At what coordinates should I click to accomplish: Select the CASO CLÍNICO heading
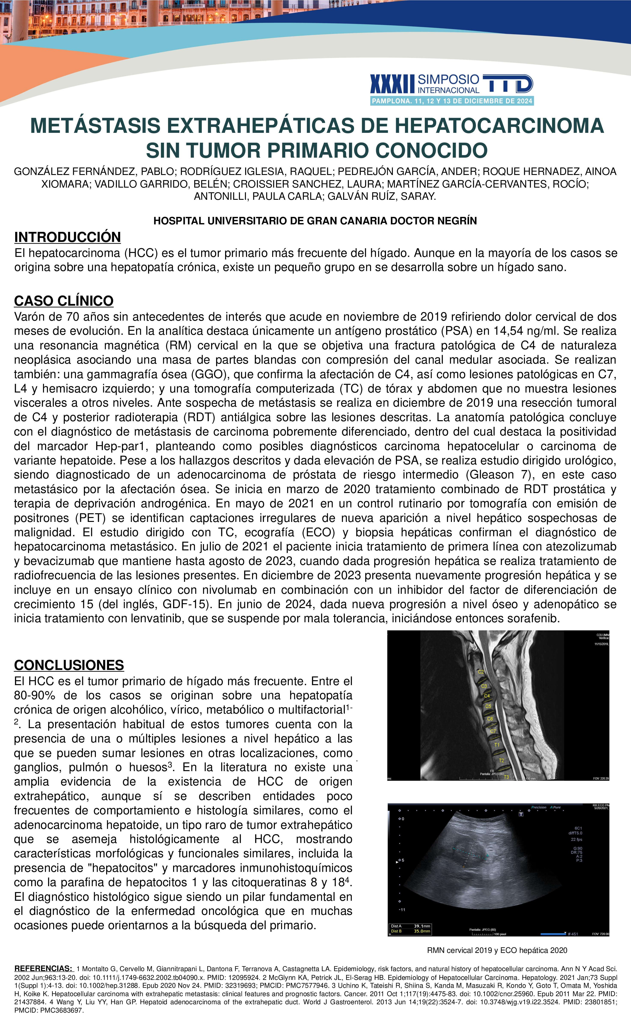pyautogui.click(x=64, y=301)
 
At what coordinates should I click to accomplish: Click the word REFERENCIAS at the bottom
pyautogui.click(x=43, y=968)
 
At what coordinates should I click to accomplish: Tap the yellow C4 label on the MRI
pyautogui.click(x=487, y=696)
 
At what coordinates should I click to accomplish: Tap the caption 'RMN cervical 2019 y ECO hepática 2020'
pyautogui.click(x=497, y=950)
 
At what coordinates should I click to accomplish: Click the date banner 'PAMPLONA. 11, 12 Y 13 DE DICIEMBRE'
pyautogui.click(x=452, y=101)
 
